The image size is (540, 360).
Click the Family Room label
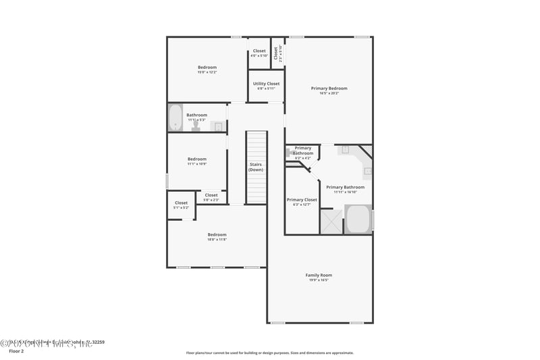[319, 275]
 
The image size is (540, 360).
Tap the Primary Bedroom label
[329, 88]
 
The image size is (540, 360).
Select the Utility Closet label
[266, 84]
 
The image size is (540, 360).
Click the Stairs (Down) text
[256, 167]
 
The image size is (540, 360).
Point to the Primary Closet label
[302, 199]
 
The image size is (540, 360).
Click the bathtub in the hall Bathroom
[175, 118]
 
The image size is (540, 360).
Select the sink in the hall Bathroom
[218, 126]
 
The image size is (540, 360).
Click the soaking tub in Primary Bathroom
[358, 220]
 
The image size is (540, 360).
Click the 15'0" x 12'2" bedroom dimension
[207, 72]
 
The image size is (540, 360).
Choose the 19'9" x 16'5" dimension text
[319, 280]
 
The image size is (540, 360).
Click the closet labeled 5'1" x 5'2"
[181, 205]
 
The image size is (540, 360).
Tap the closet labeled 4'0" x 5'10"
[259, 53]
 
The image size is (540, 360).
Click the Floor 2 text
[17, 351]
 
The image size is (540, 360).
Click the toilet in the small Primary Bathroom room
[290, 153]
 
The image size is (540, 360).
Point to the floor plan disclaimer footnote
[269, 353]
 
